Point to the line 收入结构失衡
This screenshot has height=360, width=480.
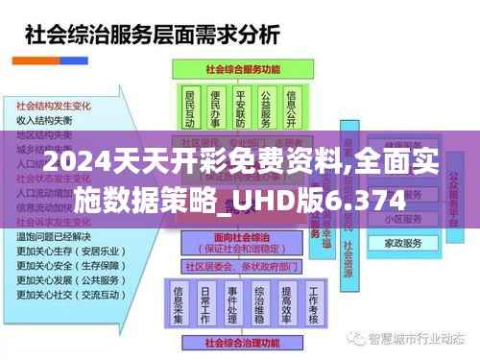point(44,120)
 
